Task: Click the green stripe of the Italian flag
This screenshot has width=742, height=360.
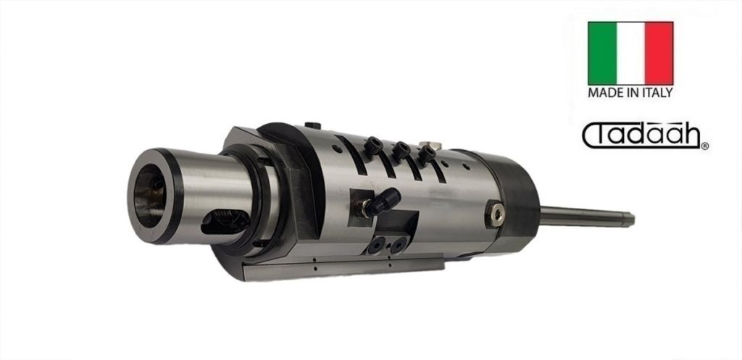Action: point(602,53)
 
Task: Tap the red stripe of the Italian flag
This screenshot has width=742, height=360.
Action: point(659,53)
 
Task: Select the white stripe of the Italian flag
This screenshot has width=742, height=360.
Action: point(630,53)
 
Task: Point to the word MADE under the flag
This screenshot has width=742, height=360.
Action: point(602,93)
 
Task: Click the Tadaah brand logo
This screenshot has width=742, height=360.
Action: point(641,135)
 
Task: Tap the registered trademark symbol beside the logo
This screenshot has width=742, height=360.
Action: point(705,146)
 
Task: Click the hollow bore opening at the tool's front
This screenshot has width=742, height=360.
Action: point(149,195)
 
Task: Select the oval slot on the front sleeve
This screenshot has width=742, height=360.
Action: point(225,222)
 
